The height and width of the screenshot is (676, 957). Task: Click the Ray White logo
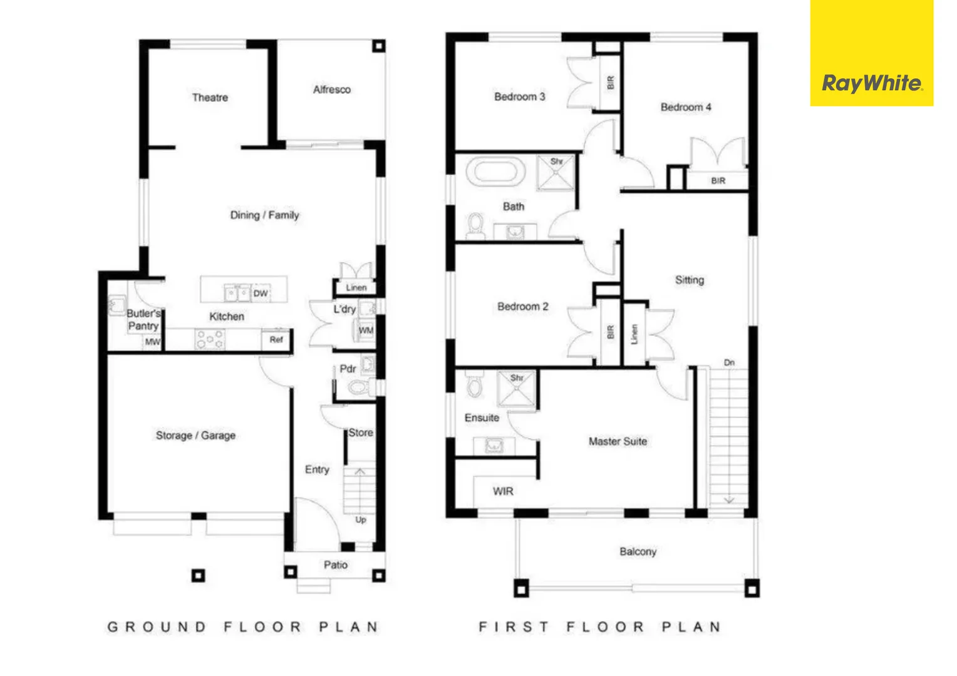coord(871,83)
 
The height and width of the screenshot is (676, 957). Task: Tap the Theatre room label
coord(210,98)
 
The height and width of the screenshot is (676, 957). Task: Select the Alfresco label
coord(332,90)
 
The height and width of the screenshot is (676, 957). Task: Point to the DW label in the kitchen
coord(261,293)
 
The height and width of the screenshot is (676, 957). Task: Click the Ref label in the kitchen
coord(276,339)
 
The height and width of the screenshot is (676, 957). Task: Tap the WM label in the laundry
coord(366,330)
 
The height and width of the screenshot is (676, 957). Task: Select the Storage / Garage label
coord(195,435)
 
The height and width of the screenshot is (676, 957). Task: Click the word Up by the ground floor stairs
coord(361,520)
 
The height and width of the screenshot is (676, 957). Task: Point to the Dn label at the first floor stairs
coord(729,362)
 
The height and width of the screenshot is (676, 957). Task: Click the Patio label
coord(336,565)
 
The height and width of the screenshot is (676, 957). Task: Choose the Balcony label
coord(638,551)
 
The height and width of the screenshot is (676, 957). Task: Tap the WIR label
coord(503,491)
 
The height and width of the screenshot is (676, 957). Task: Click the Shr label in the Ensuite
coord(517,378)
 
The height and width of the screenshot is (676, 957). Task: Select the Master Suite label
coord(618,441)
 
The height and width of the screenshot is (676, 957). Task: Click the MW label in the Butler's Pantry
coord(152,342)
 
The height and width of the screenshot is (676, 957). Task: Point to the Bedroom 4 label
coord(686,107)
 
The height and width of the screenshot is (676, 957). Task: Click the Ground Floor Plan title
coord(243,627)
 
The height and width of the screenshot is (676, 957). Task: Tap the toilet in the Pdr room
coord(358,387)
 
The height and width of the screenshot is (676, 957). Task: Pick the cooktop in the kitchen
coord(210,339)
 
